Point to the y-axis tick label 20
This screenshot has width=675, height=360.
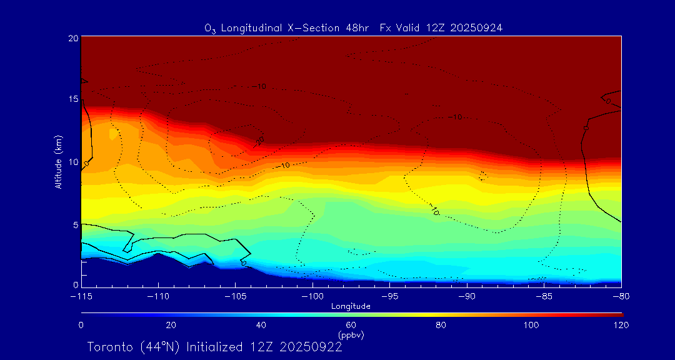[72, 38]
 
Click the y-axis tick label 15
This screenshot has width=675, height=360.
[72, 99]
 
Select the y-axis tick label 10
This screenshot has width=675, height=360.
[72, 162]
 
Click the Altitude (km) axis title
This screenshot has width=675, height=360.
[58, 162]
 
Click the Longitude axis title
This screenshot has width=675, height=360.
[351, 306]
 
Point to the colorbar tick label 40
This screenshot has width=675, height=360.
[261, 325]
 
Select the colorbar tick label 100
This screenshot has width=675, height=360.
[531, 325]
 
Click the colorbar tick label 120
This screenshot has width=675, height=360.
[621, 325]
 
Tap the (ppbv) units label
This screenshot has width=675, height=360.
[351, 335]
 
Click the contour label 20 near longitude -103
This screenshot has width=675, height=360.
[260, 141]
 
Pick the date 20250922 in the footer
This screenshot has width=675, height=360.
[311, 347]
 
